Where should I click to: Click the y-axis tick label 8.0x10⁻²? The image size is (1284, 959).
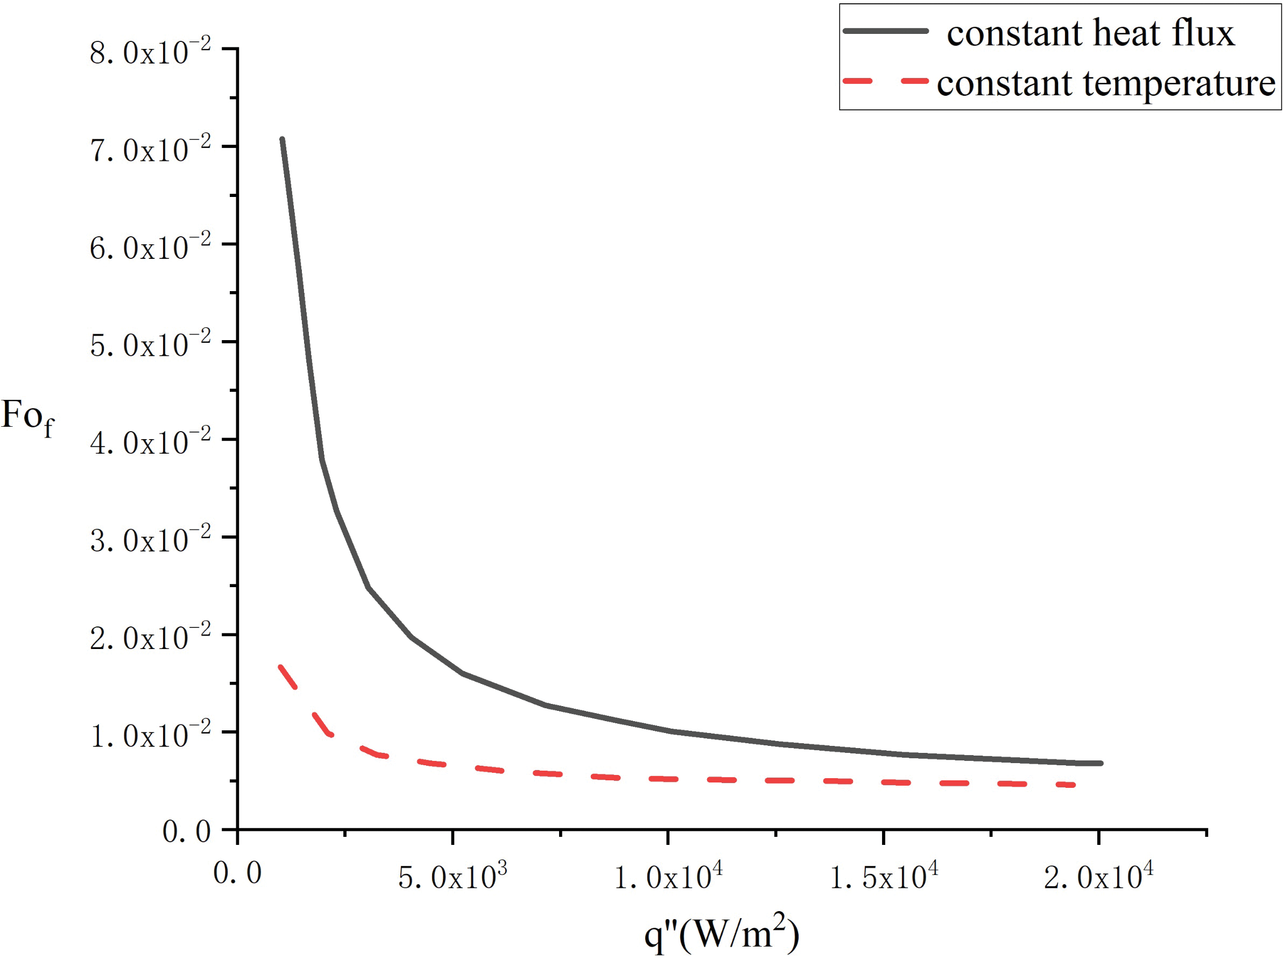150,52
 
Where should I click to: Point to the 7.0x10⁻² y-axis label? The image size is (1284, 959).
150,150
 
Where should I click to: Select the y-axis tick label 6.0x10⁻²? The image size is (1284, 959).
150,248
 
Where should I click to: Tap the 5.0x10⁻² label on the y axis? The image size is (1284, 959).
150,345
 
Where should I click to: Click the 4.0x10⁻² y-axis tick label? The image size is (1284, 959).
150,442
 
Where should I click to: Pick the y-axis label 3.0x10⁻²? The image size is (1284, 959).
150,540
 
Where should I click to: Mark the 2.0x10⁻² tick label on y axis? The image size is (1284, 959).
150,637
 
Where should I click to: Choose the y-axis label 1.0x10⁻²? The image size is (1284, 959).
150,735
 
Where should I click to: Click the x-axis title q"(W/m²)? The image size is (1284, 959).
722,934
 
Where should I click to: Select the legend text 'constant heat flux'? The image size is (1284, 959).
1090,32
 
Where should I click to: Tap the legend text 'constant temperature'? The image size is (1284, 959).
1106,83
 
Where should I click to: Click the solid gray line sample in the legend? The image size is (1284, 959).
885,31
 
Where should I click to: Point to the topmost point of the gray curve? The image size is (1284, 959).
282,139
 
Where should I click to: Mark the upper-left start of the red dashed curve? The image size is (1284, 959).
281,667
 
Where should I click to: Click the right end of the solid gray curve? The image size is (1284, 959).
1100,763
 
